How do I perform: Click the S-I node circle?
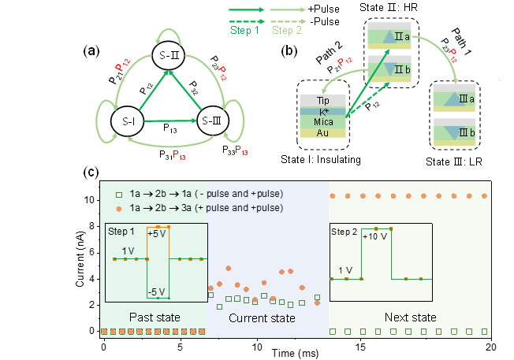(x=128, y=122)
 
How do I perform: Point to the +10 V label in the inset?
(x=374, y=238)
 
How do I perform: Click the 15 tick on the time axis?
(x=360, y=346)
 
